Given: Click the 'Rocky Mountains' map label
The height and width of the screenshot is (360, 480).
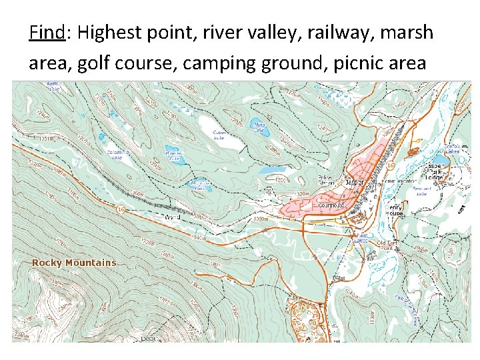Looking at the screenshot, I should [x=74, y=263].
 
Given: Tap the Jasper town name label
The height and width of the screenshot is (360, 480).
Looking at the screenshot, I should [x=353, y=181].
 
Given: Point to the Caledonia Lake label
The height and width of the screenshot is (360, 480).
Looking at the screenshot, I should [x=119, y=155].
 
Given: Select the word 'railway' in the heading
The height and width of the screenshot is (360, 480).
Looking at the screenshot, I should [x=325, y=32].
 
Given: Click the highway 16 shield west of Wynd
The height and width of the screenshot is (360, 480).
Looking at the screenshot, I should [x=121, y=210].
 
